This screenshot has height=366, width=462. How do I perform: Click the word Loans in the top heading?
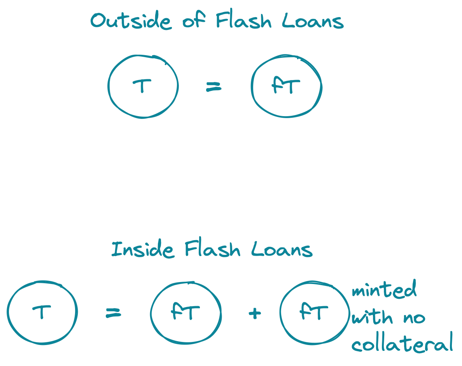[x=313, y=21]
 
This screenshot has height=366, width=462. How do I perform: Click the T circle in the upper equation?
[x=143, y=86]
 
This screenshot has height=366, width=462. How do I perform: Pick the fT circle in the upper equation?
[x=287, y=86]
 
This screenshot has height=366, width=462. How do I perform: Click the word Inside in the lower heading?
[x=142, y=249]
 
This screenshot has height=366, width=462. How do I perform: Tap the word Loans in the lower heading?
[x=282, y=249]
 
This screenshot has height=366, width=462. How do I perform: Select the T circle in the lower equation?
[x=42, y=312]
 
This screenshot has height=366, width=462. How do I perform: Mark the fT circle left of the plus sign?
[x=185, y=312]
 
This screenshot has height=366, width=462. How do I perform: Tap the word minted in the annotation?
[x=384, y=290]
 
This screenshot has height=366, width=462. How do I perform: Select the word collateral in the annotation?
[x=402, y=344]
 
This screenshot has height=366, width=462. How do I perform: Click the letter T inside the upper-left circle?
[x=142, y=86]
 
